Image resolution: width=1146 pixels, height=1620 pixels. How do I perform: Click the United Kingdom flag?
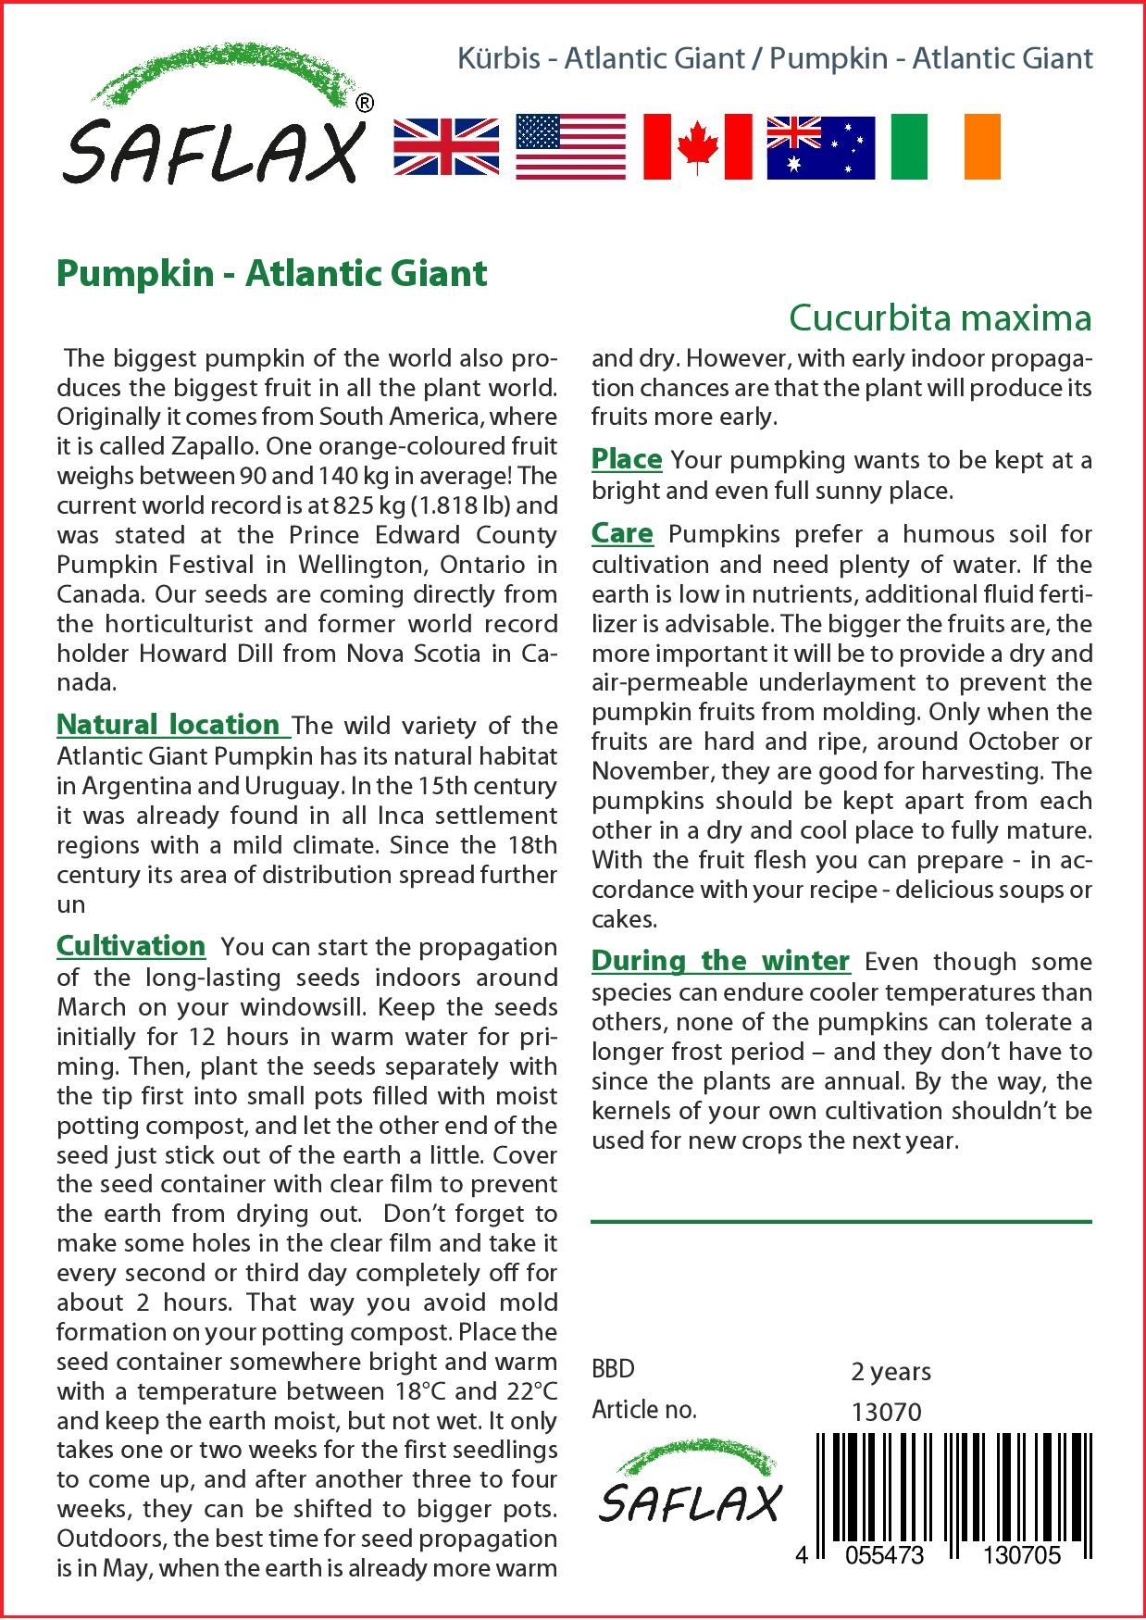click(446, 147)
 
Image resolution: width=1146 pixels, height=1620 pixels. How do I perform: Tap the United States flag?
click(570, 147)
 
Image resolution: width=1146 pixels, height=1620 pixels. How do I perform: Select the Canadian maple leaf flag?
click(697, 147)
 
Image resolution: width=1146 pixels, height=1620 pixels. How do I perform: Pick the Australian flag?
click(820, 147)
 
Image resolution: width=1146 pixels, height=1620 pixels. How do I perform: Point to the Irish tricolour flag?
click(945, 147)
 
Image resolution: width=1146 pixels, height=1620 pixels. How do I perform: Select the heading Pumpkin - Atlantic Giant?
click(272, 274)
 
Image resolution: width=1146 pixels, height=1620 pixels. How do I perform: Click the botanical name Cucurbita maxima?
click(940, 318)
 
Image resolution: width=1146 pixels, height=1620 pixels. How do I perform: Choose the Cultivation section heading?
click(131, 945)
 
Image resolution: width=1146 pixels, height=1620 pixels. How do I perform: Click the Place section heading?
click(627, 459)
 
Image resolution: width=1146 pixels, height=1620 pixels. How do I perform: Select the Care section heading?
click(622, 533)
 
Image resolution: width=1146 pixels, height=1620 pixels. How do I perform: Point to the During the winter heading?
click(720, 961)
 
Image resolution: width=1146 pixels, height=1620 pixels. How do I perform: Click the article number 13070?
click(886, 1412)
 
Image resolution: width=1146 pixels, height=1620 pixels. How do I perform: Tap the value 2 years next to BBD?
click(891, 1371)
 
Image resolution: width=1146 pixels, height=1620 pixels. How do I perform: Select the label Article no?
click(643, 1410)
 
